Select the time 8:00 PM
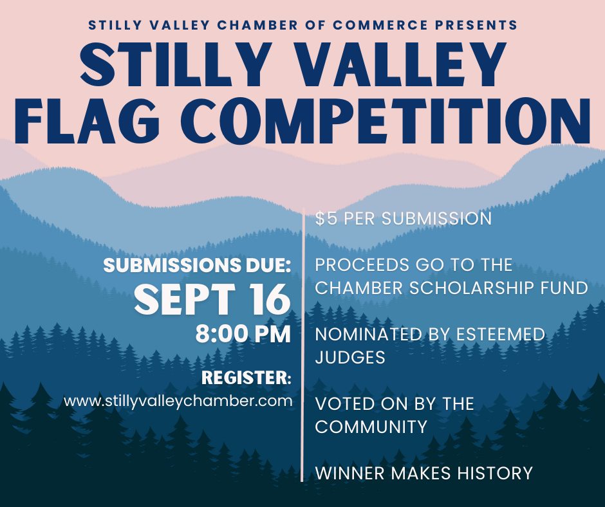coord(243,334)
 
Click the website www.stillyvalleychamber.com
coord(178,400)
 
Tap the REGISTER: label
coord(246,378)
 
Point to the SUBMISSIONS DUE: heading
coord(197,266)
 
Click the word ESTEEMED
coord(501,334)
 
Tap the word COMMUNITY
coord(371,427)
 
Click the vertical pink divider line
coord(302,346)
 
